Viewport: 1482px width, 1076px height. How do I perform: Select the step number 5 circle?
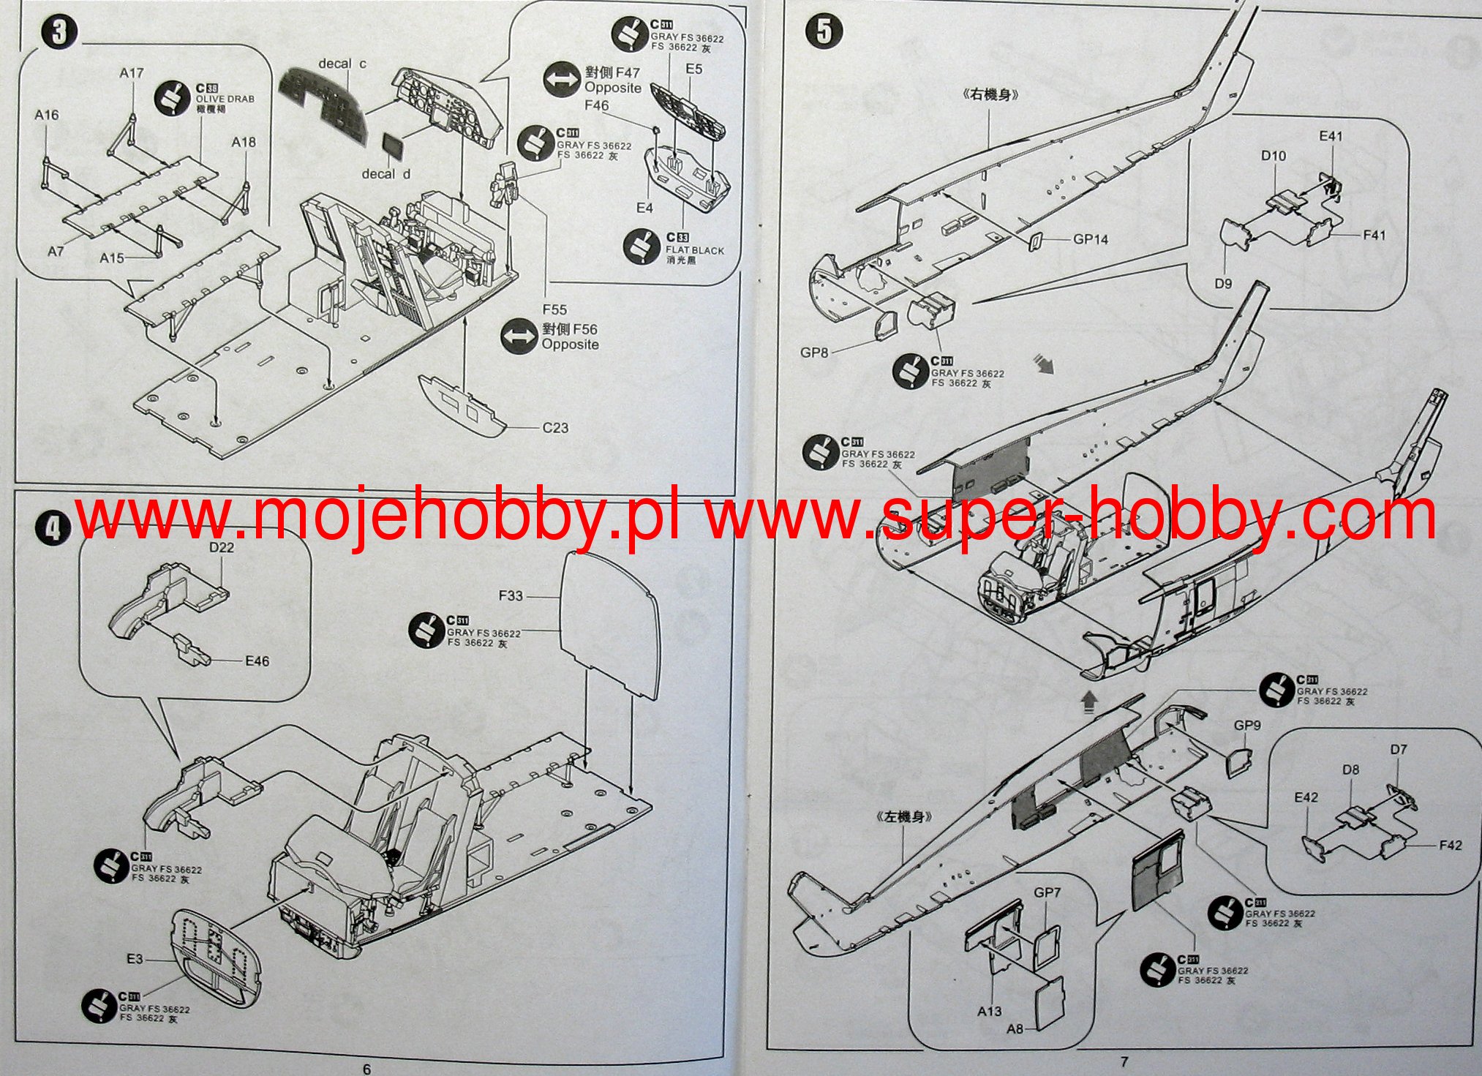click(x=824, y=31)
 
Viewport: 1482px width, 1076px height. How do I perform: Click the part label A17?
click(x=132, y=73)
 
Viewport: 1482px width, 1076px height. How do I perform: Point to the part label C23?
click(x=555, y=428)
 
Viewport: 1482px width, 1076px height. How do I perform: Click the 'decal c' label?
click(x=342, y=64)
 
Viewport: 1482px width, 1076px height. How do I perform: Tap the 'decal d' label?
click(x=385, y=174)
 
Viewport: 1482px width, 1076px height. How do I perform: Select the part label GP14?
click(x=1091, y=239)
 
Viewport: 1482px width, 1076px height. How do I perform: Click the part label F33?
click(x=511, y=595)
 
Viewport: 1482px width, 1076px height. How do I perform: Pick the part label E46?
click(x=257, y=661)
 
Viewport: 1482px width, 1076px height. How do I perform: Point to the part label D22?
click(x=222, y=547)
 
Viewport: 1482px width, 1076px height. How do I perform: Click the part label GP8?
click(x=814, y=353)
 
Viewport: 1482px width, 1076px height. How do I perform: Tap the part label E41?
click(x=1331, y=136)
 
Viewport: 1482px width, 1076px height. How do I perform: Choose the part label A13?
click(x=989, y=1011)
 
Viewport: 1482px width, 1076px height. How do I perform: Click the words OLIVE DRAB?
click(x=225, y=99)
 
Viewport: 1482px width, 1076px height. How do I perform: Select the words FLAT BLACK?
click(x=694, y=250)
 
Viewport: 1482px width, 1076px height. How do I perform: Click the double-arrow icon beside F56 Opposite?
click(x=519, y=337)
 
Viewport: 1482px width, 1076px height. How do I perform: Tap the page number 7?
click(x=1125, y=1061)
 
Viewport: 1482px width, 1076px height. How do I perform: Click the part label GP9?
click(x=1247, y=726)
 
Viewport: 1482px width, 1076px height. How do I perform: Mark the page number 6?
click(x=366, y=1069)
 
